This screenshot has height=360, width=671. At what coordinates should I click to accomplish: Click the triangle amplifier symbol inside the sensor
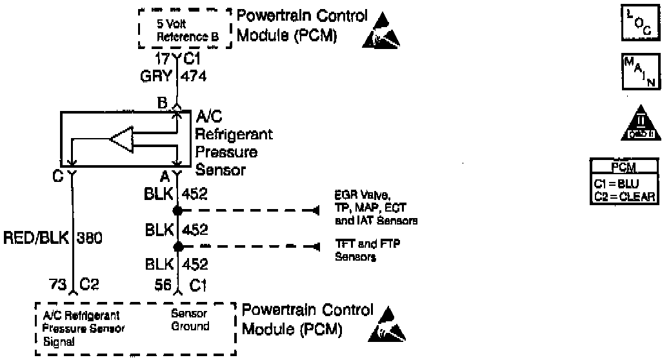point(121,139)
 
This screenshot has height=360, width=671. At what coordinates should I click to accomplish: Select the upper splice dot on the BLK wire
point(177,210)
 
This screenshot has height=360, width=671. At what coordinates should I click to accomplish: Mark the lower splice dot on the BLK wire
point(177,246)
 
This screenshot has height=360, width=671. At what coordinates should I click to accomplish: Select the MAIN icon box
point(636,72)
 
